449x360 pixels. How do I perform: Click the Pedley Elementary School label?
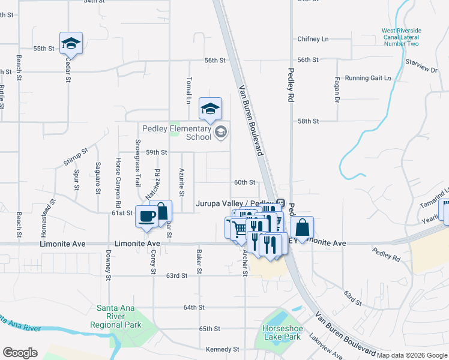tap(177, 133)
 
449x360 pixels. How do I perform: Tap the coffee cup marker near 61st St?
tap(146, 217)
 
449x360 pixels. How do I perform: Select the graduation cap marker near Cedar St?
tap(71, 43)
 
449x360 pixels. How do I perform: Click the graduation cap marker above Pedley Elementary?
tap(210, 109)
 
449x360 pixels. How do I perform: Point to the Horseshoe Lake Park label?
tap(280, 332)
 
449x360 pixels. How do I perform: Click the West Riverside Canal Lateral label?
tap(402, 37)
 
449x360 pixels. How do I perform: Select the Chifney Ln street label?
tap(313, 39)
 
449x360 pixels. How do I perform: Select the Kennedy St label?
tap(223, 349)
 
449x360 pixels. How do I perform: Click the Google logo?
tap(20, 352)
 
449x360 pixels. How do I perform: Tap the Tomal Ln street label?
tap(188, 90)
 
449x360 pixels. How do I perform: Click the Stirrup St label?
tap(76, 156)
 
